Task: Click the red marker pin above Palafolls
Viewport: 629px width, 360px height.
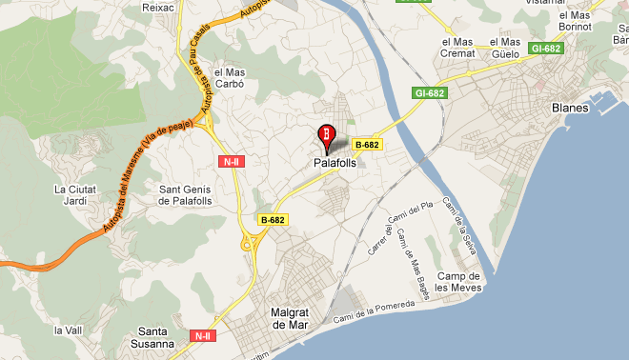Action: pyautogui.click(x=326, y=135)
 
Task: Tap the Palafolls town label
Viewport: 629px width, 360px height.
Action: pyautogui.click(x=335, y=163)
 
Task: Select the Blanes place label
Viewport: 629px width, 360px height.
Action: pyautogui.click(x=570, y=108)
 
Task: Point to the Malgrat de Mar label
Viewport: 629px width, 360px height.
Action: pyautogui.click(x=286, y=318)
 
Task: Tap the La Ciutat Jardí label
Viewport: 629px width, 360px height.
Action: pyautogui.click(x=75, y=195)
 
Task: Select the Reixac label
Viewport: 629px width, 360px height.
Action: pyautogui.click(x=156, y=7)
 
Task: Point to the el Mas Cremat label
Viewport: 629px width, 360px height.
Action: pyautogui.click(x=458, y=49)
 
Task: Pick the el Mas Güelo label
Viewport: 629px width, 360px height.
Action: pyautogui.click(x=505, y=49)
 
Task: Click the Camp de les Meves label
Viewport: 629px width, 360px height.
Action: pyautogui.click(x=456, y=283)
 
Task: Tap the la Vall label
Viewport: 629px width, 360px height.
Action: pyautogui.click(x=66, y=330)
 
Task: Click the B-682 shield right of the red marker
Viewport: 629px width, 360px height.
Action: pyautogui.click(x=367, y=145)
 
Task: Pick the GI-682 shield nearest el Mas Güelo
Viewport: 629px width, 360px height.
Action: pyautogui.click(x=547, y=48)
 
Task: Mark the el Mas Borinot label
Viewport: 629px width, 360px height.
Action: pyautogui.click(x=576, y=21)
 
